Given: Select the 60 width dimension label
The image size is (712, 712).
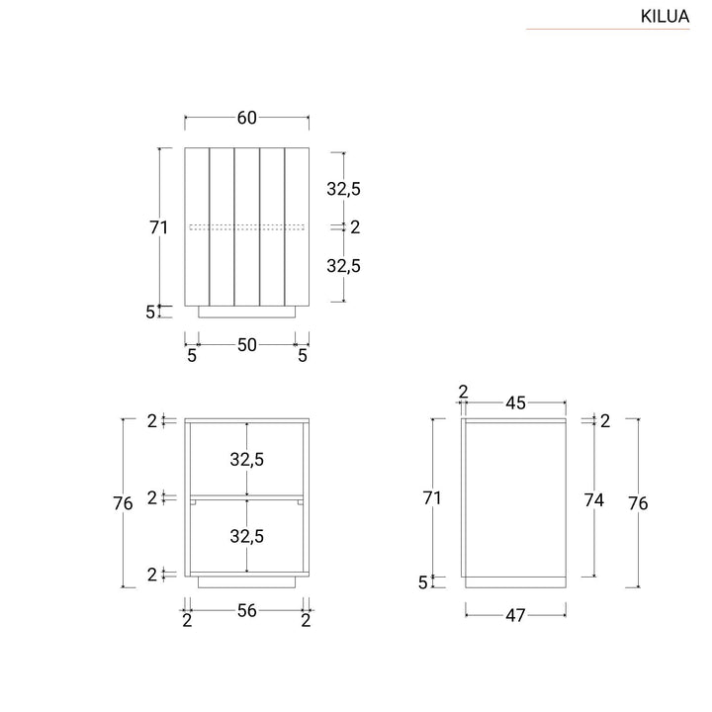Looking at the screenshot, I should click(x=246, y=118).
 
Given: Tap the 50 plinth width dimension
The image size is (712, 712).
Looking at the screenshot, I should click(x=246, y=344).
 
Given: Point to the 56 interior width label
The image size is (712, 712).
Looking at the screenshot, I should click(x=246, y=611).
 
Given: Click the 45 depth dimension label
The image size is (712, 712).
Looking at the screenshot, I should click(x=515, y=402).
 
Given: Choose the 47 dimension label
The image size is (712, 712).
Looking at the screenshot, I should click(x=515, y=615).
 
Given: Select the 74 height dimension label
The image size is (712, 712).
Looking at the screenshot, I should click(x=593, y=500).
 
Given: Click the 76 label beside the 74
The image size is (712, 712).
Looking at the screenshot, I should click(x=638, y=503).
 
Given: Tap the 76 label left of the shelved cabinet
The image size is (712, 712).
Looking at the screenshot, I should click(x=124, y=503).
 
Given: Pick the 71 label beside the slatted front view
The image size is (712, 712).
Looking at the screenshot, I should click(x=159, y=227).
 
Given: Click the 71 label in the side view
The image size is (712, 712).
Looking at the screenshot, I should click(x=431, y=498).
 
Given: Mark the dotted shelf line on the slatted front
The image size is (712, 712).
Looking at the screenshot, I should click(x=247, y=227).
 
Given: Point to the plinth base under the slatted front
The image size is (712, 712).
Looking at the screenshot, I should click(x=247, y=311).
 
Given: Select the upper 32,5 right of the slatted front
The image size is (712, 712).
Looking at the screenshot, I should click(x=343, y=188).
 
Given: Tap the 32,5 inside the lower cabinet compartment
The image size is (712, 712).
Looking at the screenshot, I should click(x=247, y=536).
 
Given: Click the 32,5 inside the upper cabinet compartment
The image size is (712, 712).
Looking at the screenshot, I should click(x=247, y=459).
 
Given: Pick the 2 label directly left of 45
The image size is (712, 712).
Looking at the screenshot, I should click(x=463, y=392).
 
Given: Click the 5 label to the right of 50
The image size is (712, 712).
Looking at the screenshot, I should click(x=303, y=355).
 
